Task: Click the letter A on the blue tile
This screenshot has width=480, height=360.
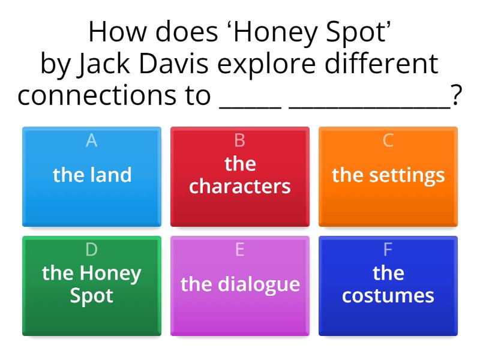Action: click(x=92, y=140)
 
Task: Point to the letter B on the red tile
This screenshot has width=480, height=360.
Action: click(x=239, y=140)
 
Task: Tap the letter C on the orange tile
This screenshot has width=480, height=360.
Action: click(x=388, y=140)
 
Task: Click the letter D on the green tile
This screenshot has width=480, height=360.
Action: click(x=92, y=250)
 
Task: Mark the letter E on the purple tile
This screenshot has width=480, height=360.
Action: click(x=239, y=250)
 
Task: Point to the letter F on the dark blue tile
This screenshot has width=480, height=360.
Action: click(x=388, y=250)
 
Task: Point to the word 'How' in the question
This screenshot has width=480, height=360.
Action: click(x=115, y=33)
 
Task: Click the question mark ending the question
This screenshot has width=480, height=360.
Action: click(x=457, y=96)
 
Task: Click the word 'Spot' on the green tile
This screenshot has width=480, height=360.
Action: click(x=92, y=296)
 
